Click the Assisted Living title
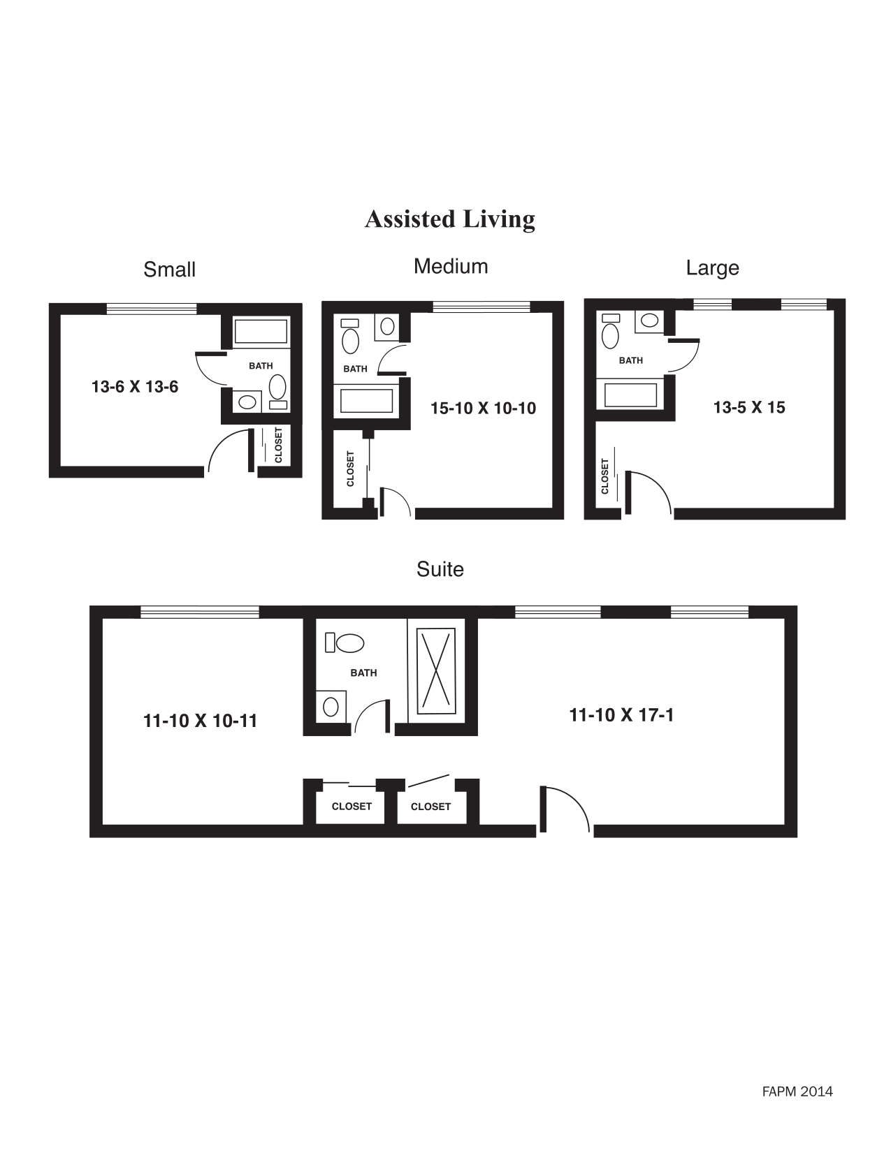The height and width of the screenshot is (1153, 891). (449, 219)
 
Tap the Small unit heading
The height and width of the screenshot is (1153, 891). (169, 270)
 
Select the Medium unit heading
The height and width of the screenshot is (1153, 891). (451, 266)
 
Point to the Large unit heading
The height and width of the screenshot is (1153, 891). (712, 268)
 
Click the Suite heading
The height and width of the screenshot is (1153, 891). (440, 569)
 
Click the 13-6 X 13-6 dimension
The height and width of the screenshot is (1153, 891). (135, 386)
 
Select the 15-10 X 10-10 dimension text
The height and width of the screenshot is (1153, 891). (483, 409)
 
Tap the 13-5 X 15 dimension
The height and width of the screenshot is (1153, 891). (749, 407)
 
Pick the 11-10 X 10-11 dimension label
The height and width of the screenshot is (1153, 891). (200, 721)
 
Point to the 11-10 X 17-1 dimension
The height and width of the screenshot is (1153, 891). (621, 715)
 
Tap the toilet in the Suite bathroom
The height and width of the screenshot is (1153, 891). (346, 642)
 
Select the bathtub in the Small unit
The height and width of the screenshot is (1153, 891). (261, 332)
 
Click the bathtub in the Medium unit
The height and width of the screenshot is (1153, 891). (366, 401)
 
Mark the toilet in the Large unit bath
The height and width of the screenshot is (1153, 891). (610, 333)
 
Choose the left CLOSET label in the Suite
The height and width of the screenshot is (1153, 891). (352, 807)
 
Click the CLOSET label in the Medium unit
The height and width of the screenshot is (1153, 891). (351, 469)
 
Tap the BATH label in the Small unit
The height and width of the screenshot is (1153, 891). (261, 366)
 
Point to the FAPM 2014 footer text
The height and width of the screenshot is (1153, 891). (797, 1092)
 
